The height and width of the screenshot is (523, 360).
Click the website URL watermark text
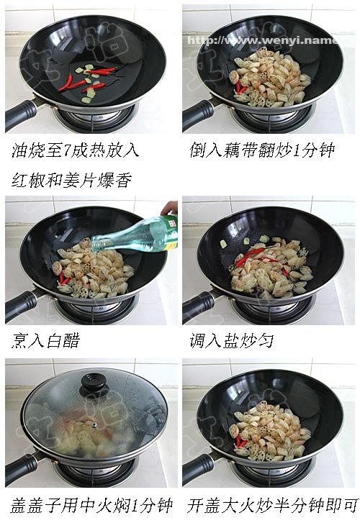tap(263, 41)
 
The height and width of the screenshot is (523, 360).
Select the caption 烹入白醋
tap(45, 341)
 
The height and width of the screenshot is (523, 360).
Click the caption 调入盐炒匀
tap(232, 341)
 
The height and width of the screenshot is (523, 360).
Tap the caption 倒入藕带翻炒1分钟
tap(262, 150)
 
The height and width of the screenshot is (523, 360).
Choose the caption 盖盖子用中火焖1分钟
tap(91, 506)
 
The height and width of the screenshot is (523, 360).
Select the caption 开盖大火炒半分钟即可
tap(272, 506)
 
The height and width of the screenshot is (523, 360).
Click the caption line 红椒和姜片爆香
tap(71, 180)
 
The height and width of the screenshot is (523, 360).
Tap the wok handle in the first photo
tap(21, 114)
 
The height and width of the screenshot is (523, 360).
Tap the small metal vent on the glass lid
tap(95, 425)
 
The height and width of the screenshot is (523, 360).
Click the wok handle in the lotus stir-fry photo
tap(198, 114)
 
